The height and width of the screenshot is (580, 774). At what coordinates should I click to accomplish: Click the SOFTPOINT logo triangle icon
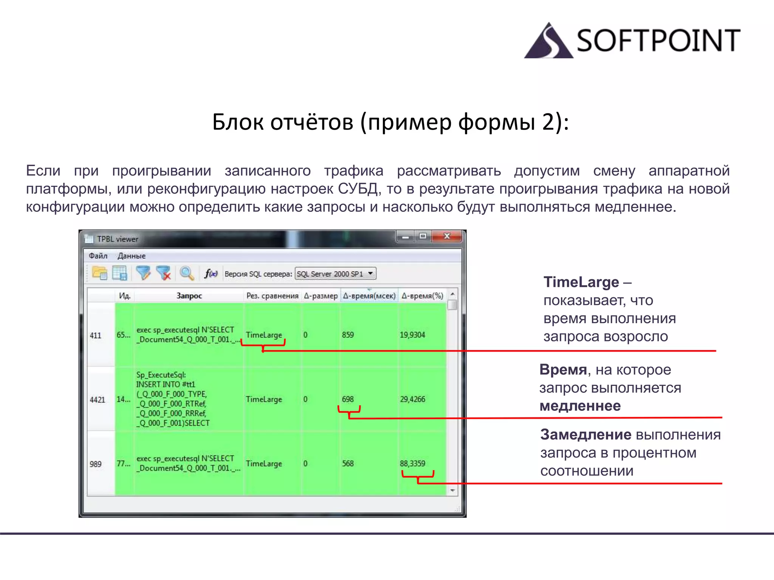[548, 42]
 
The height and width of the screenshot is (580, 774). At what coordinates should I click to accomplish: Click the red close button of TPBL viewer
[447, 236]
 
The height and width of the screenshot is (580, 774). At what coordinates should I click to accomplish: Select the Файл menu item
[98, 256]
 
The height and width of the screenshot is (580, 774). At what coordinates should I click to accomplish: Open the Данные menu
[132, 256]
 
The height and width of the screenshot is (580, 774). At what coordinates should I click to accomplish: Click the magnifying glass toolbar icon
[187, 273]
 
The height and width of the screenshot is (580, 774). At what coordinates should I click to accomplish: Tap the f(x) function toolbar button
[211, 273]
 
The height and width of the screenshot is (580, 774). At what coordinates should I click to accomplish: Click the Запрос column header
[189, 296]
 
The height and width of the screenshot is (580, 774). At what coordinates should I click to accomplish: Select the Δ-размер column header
[321, 296]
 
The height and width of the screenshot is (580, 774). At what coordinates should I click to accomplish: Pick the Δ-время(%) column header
[422, 296]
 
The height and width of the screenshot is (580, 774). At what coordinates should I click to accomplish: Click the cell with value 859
[348, 335]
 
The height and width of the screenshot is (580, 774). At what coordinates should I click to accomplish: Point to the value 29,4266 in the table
[412, 399]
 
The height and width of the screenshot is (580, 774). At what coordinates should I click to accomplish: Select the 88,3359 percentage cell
[412, 464]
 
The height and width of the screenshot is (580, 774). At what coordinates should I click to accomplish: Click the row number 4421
[98, 400]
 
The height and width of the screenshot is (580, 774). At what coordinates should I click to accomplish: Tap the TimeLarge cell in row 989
[264, 464]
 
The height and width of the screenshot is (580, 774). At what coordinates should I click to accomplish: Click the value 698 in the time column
[348, 399]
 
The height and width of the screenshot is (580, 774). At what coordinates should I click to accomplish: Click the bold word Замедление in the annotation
[585, 435]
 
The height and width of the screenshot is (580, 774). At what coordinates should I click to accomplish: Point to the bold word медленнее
[580, 406]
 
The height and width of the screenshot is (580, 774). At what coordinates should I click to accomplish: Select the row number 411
[96, 335]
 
